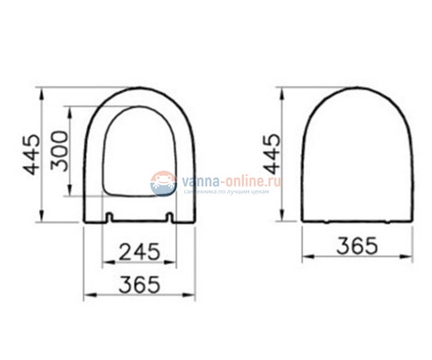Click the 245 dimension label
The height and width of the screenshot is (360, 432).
pos(141,251)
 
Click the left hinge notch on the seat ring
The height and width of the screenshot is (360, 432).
pos(110,217)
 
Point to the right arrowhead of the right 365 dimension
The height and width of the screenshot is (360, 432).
pos(409,255)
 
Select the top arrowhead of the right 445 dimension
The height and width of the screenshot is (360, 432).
pos(285,89)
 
